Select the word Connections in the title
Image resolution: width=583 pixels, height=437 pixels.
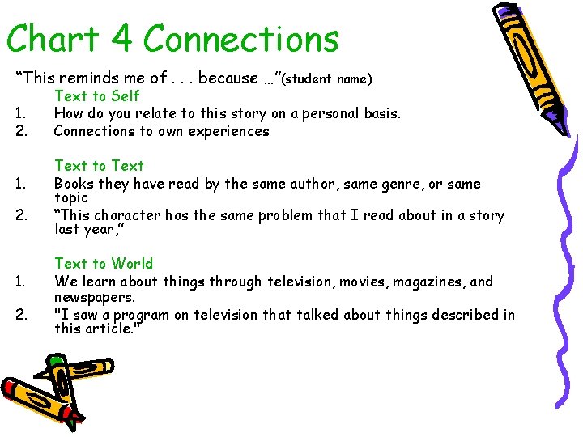point(240,39)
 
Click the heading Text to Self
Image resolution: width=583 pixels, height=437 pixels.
point(96,96)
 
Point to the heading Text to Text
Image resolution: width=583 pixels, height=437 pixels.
point(99,166)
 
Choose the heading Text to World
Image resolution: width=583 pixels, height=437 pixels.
point(103,264)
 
